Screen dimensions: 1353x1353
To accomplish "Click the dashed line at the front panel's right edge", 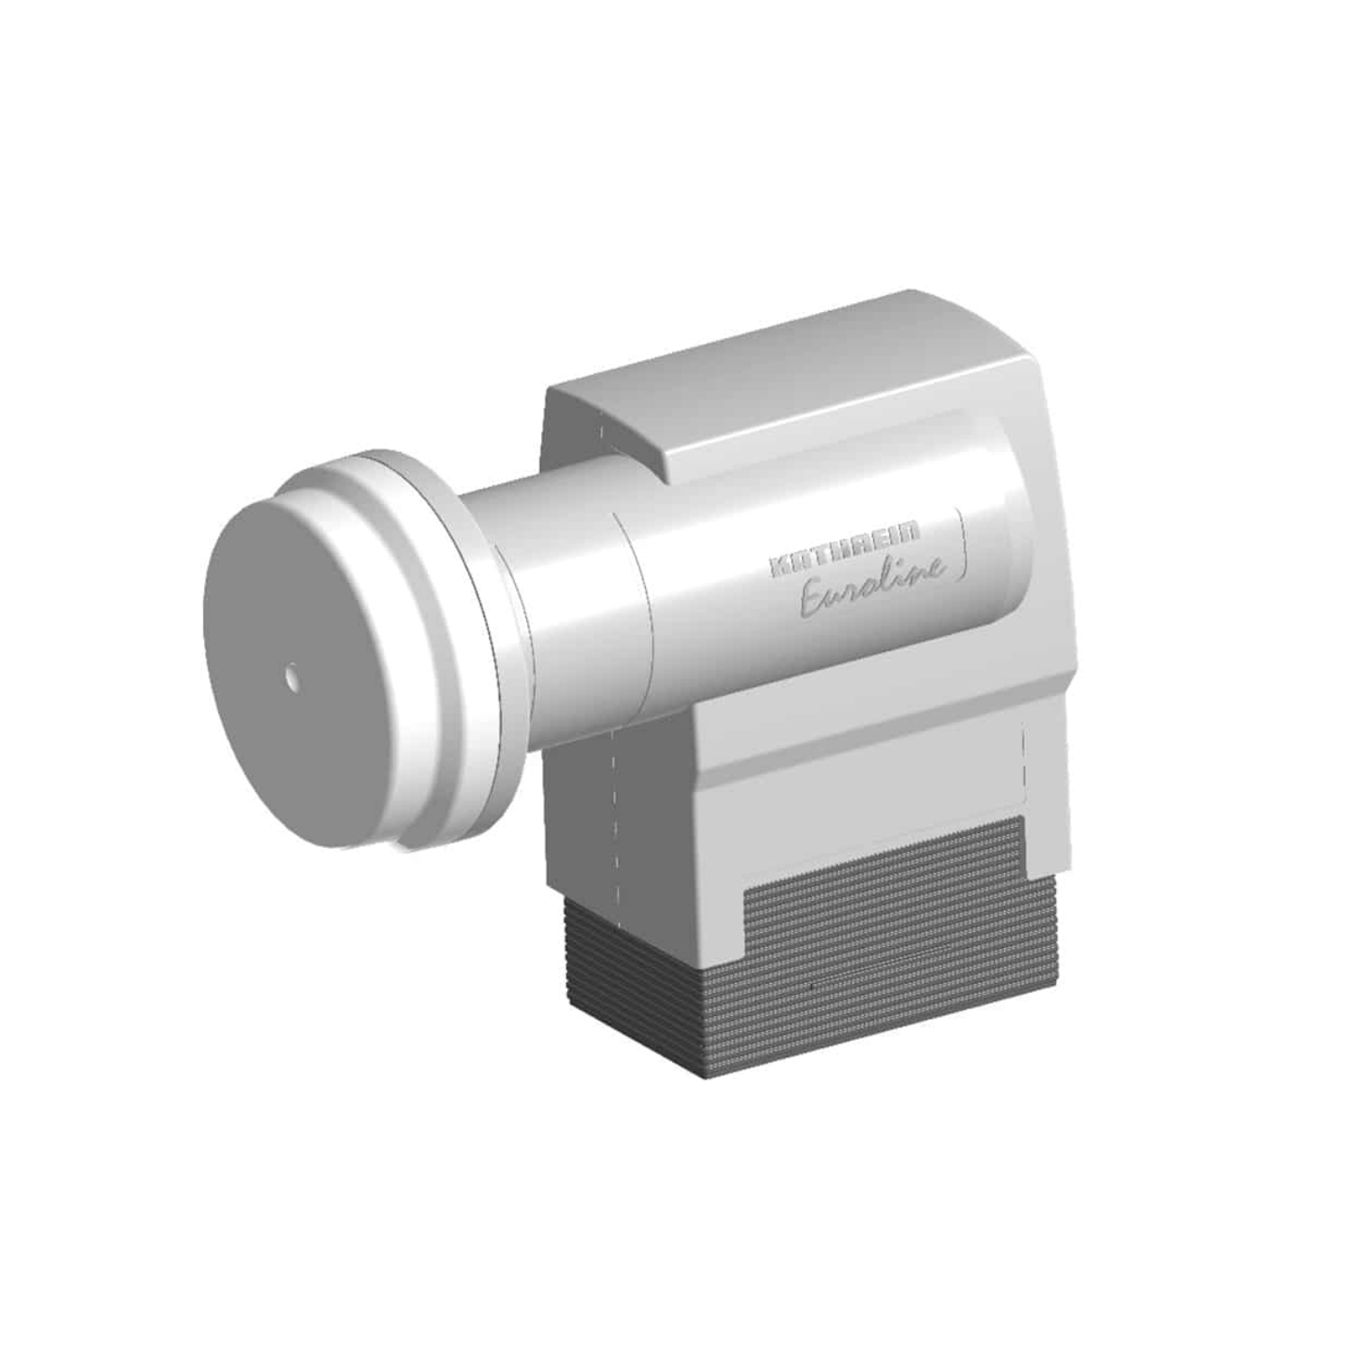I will point(1026,758).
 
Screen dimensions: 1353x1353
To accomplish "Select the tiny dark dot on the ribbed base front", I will point(813,986).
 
